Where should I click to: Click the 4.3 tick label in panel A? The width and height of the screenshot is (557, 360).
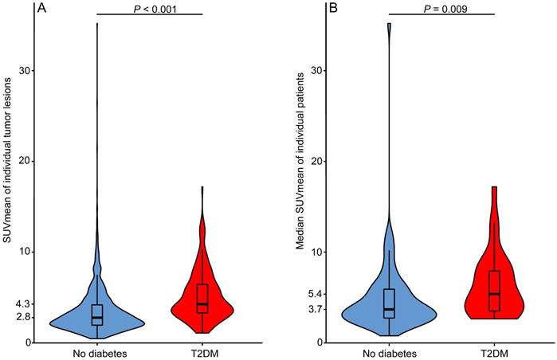[x=22, y=304]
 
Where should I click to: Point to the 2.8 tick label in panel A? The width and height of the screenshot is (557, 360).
[x=22, y=317]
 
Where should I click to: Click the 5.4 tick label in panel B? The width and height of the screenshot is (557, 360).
[x=314, y=294]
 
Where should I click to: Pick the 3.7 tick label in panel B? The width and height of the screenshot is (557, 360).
[x=314, y=309]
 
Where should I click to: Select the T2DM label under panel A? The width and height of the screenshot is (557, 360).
[x=202, y=352]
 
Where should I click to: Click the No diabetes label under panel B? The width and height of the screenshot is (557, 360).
[x=389, y=352]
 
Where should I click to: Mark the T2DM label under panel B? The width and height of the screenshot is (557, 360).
[x=494, y=352]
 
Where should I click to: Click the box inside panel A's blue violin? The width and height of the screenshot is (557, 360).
[x=96, y=314]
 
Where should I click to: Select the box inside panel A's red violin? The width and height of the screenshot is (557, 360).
[x=202, y=298]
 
